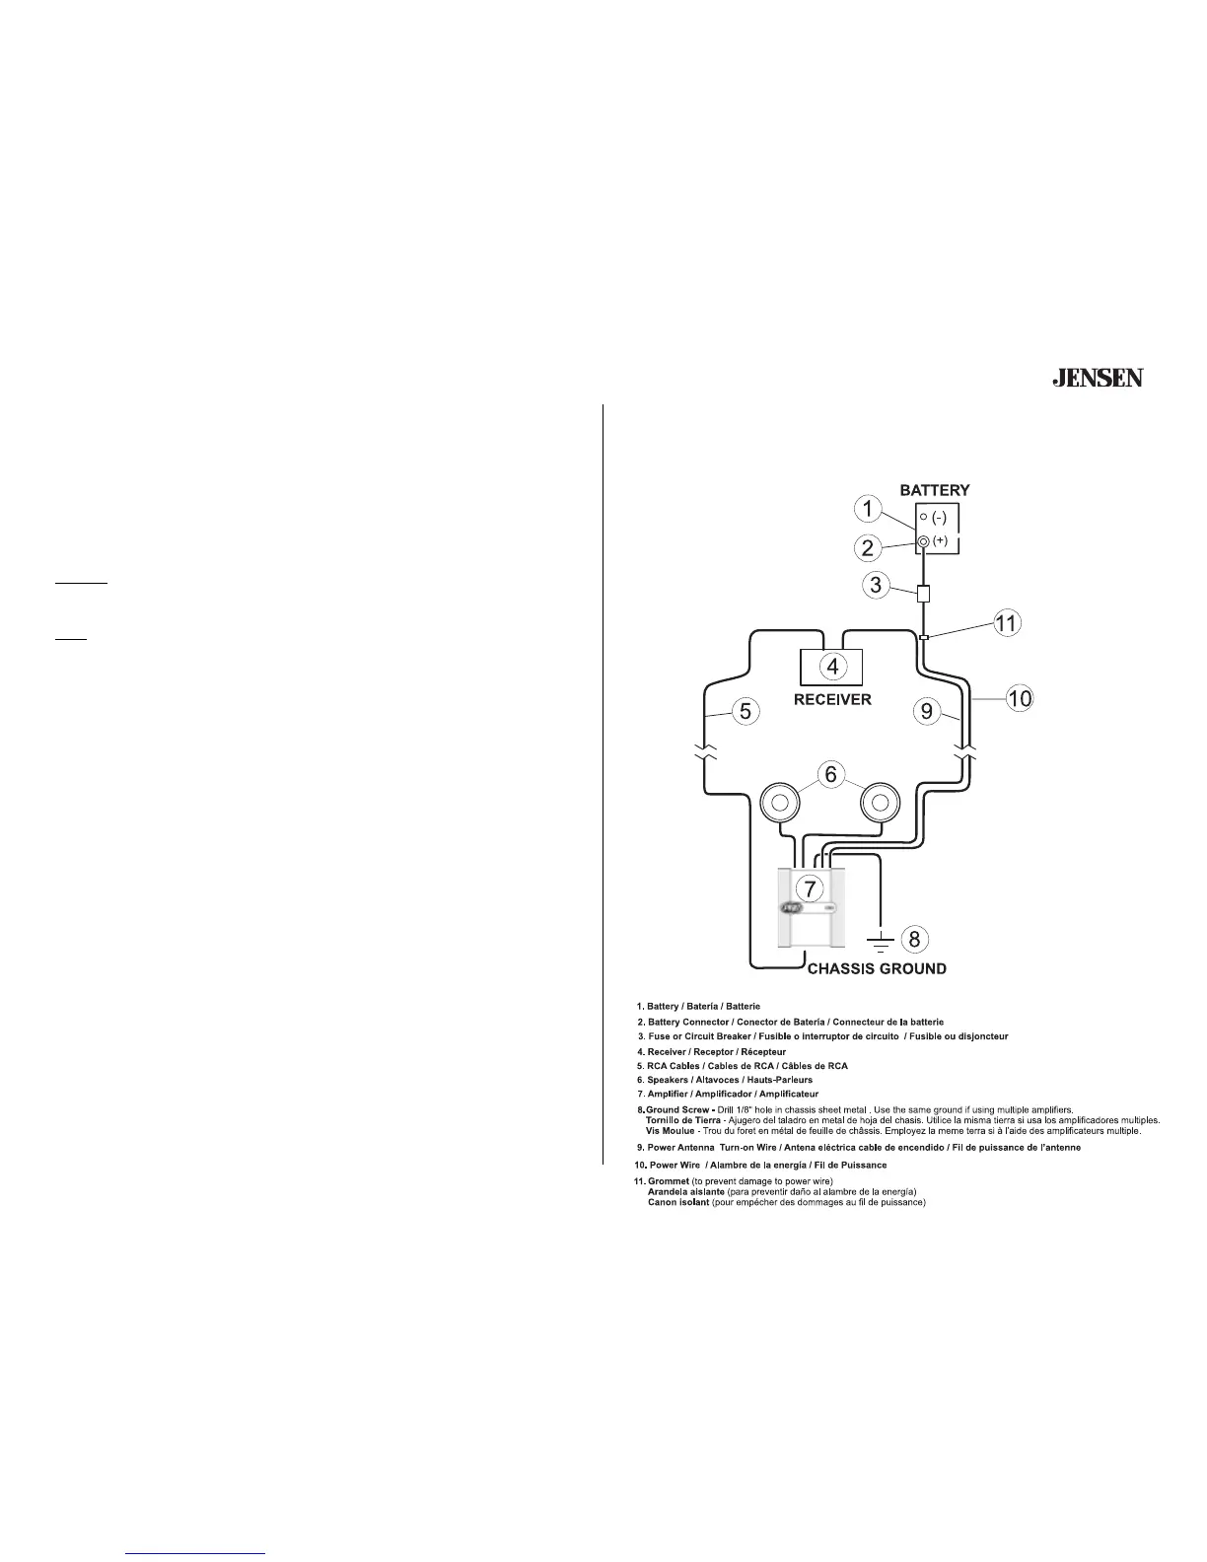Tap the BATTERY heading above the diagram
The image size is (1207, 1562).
click(934, 489)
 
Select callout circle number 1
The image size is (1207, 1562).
click(867, 510)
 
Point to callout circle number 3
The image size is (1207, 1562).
click(875, 585)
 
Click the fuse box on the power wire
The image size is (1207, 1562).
click(923, 595)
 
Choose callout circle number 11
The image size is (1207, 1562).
click(1007, 623)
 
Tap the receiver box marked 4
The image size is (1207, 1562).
click(832, 666)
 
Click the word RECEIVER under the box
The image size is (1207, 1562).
click(832, 699)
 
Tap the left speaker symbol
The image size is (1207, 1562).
click(779, 803)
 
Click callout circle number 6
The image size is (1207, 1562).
click(830, 775)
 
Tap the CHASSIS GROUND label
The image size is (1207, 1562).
click(877, 968)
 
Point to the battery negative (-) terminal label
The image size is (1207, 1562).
click(939, 517)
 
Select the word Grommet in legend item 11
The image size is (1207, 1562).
click(668, 1181)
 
